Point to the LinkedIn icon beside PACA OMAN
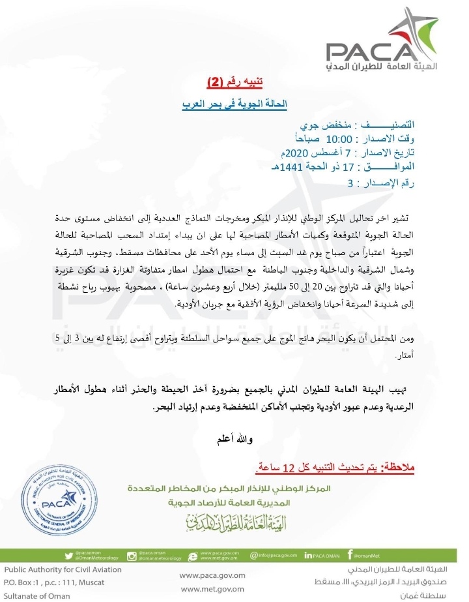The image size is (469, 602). (309, 556)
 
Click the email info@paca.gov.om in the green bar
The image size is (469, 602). (272, 556)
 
